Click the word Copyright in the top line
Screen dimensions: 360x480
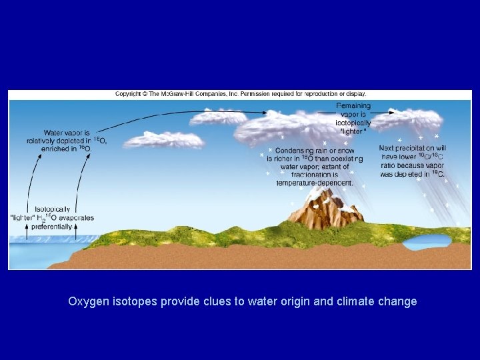click(131, 94)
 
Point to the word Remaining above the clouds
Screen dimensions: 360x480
click(354, 106)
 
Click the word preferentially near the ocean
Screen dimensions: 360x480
click(52, 227)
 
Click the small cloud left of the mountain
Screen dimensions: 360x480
click(163, 140)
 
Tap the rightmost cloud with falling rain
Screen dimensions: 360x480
click(416, 120)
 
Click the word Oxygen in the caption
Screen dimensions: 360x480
click(87, 301)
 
